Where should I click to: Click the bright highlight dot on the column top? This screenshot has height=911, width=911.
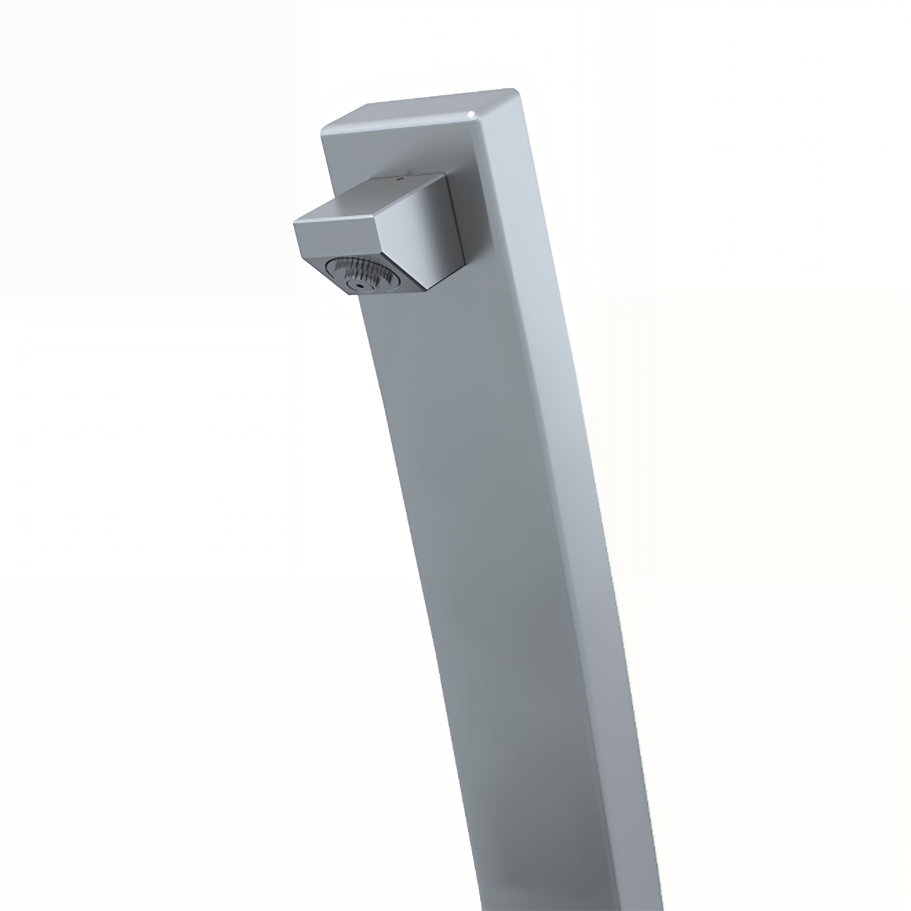tap(471, 113)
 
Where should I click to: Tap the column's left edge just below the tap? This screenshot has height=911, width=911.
tap(366, 330)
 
